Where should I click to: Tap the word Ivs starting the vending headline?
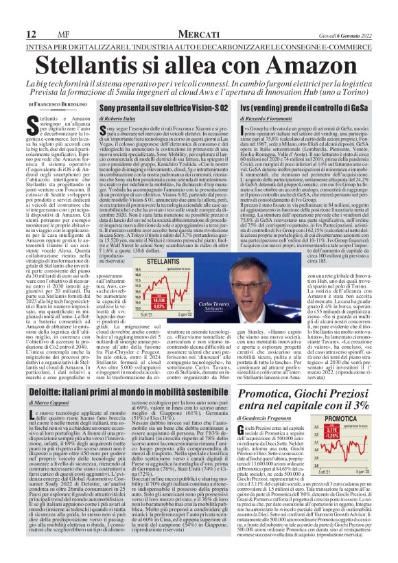point(243,108)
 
